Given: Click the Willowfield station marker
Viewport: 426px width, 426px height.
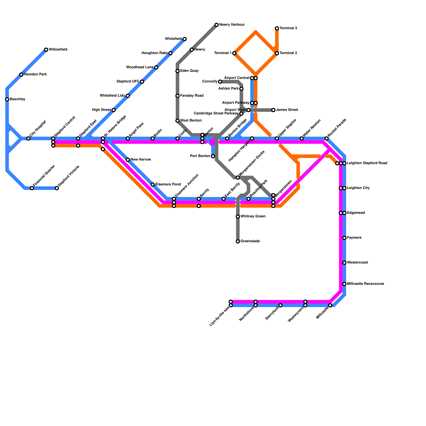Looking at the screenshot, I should click(x=46, y=50).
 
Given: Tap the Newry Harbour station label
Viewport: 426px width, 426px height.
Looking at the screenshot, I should click(x=232, y=25).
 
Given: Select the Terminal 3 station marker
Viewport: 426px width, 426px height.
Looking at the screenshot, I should click(x=277, y=28).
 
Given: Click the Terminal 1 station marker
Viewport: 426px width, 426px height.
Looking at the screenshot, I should click(x=234, y=53).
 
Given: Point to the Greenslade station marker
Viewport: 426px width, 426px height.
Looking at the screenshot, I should click(x=238, y=241).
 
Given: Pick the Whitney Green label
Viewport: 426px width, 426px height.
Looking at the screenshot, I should click(x=253, y=216).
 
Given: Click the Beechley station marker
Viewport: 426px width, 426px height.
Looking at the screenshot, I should click(x=7, y=100).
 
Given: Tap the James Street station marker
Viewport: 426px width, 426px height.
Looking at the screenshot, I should click(x=273, y=110).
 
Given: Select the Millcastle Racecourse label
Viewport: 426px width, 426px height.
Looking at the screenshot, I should click(x=365, y=284).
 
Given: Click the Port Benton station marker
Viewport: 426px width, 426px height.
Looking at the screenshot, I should click(x=213, y=156).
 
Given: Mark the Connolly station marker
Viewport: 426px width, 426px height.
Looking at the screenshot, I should click(x=220, y=81).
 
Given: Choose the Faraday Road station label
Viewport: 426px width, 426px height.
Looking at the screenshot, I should click(x=191, y=96).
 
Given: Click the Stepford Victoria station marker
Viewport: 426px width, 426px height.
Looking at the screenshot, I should click(x=57, y=188).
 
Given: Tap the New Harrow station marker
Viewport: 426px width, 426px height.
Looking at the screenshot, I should click(x=128, y=160).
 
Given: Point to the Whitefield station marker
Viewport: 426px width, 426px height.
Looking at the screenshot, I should click(x=185, y=39).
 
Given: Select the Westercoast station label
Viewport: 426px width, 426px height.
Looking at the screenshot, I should click(x=357, y=263).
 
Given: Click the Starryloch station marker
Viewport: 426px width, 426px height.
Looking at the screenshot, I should click(x=280, y=305).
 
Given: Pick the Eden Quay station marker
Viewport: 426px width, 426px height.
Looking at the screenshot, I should click(x=177, y=71).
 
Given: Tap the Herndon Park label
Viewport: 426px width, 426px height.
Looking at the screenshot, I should click(x=35, y=75).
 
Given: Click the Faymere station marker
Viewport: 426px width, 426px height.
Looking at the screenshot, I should click(x=344, y=238).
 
